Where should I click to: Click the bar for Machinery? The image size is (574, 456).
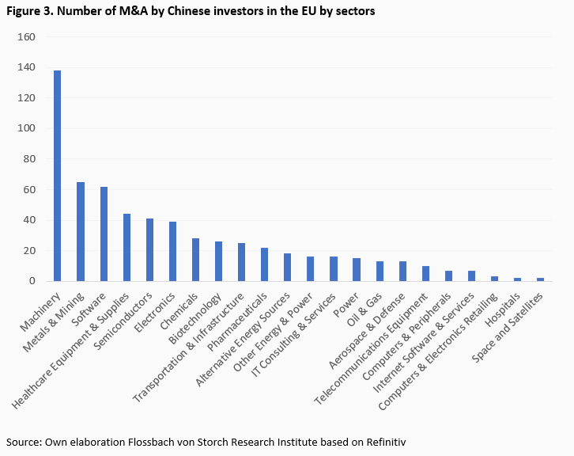(57, 176)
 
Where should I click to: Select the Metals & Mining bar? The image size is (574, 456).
(80, 231)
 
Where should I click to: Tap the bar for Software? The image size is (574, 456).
(104, 234)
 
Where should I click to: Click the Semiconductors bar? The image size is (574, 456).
(149, 249)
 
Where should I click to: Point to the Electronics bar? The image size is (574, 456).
(172, 251)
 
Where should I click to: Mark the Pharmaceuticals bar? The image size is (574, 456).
(265, 264)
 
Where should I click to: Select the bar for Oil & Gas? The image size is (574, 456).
(380, 271)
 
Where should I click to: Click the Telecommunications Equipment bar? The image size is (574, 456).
(425, 273)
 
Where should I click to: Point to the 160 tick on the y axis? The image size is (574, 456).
(27, 37)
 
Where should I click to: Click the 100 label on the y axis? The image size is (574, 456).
(27, 128)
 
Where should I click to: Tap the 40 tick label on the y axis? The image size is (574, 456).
(30, 220)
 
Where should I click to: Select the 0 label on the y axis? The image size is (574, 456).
(32, 281)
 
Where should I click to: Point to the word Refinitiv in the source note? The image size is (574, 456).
(383, 442)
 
